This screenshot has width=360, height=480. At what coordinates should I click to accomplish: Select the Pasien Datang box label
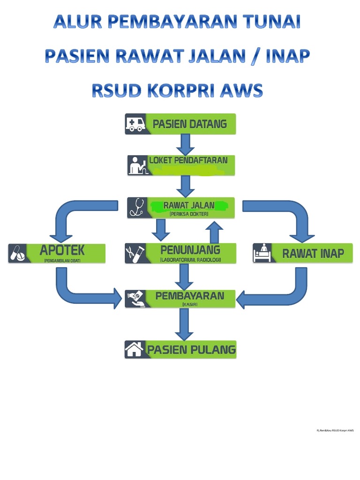tap(189, 124)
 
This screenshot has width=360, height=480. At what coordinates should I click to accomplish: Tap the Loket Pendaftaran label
tap(188, 160)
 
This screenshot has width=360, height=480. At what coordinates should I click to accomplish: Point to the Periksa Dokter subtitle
tap(189, 214)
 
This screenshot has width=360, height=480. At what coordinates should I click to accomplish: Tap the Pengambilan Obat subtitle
tap(62, 260)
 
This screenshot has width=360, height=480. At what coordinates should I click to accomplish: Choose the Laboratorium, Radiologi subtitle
tap(190, 260)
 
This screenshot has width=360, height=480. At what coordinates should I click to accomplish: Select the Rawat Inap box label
tap(313, 254)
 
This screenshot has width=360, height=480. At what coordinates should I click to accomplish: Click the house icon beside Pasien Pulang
tap(135, 349)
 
